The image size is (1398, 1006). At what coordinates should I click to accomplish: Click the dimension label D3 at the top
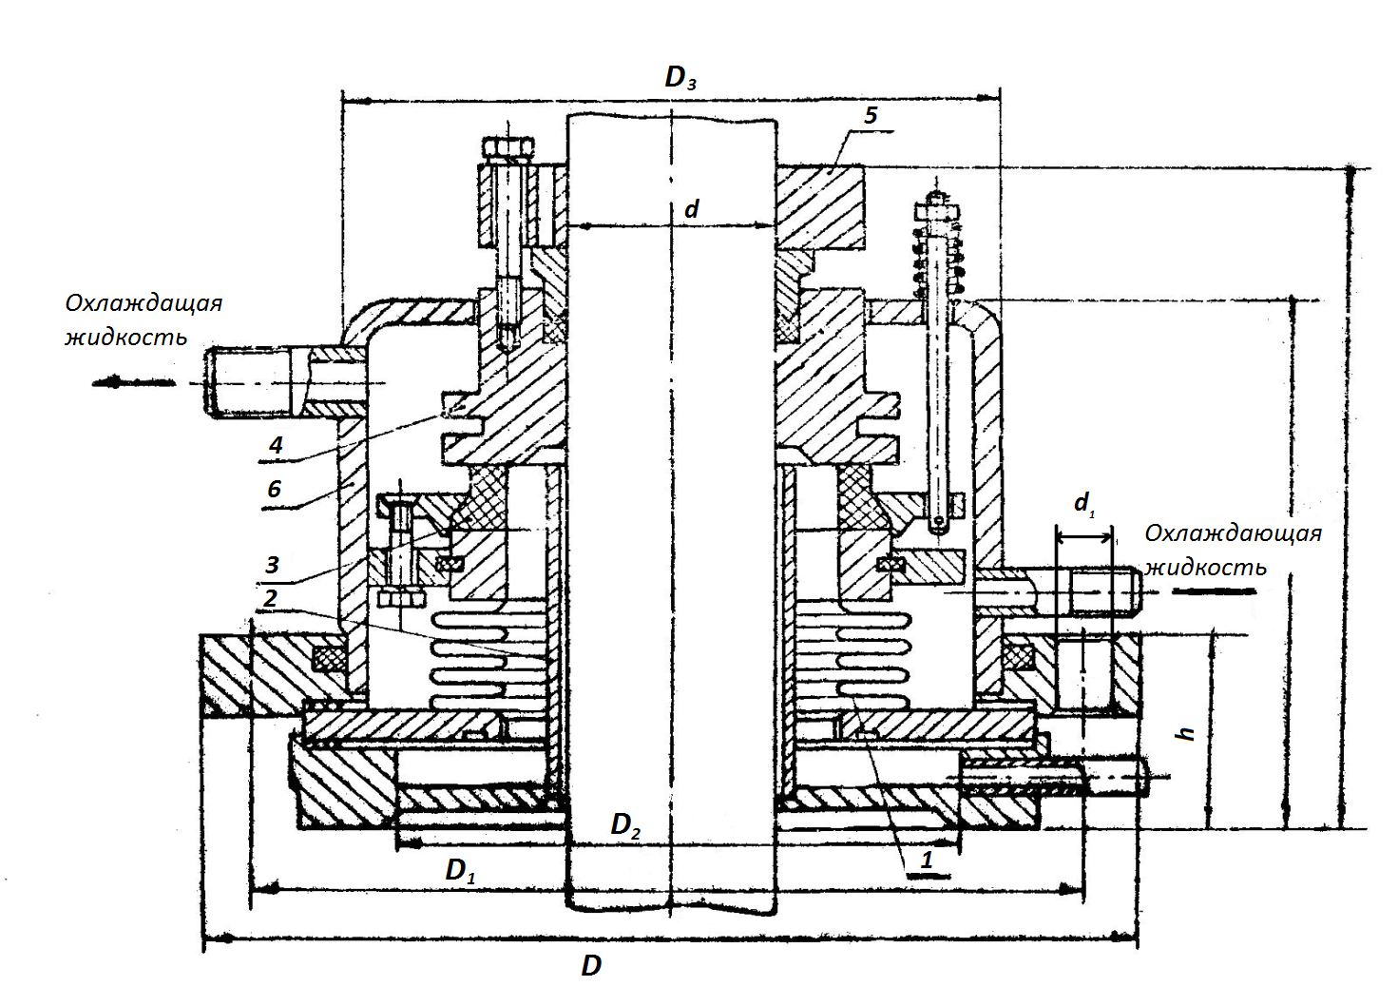[680, 77]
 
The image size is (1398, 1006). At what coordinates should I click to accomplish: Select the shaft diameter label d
[692, 209]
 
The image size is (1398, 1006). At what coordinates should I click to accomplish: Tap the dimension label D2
[624, 825]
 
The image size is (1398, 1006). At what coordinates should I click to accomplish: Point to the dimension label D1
[460, 870]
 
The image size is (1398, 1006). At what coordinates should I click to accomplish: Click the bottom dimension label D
[591, 966]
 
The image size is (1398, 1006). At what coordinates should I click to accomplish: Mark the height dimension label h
[1185, 733]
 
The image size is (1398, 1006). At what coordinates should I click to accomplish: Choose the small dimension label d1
[1083, 503]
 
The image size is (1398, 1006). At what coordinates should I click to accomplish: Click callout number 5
[871, 116]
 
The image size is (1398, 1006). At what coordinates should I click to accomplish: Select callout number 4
[276, 444]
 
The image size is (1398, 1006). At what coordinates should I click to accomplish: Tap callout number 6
[274, 489]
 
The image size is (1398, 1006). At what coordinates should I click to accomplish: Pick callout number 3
[272, 565]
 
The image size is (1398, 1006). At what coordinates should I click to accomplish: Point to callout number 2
[271, 598]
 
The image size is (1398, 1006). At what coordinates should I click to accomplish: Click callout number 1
[927, 861]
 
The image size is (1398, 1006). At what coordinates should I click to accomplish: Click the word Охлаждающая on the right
[1233, 533]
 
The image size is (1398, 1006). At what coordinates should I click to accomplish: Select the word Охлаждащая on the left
[144, 303]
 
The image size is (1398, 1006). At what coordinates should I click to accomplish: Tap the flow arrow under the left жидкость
[133, 382]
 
